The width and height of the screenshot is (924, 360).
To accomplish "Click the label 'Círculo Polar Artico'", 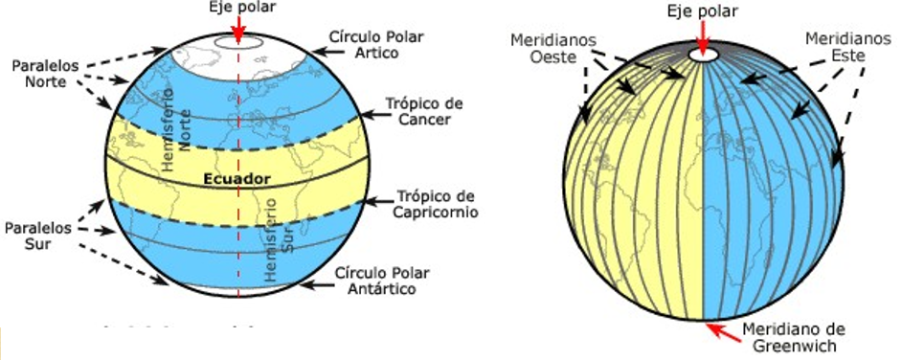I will pos(375,43).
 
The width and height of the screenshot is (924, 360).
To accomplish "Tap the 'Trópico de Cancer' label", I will pos(423,110).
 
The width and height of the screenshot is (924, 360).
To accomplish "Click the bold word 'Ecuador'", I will pos(237,179).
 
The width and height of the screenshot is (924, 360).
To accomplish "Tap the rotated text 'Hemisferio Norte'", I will pos(179,138).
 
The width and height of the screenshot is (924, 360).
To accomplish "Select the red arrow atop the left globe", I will pos(237,30).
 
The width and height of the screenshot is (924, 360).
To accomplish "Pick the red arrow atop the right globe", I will pos(705,35).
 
